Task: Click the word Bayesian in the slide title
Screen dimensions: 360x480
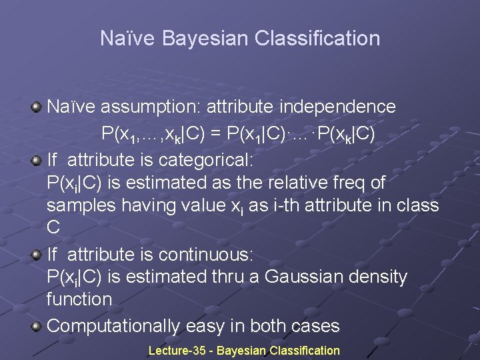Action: [201, 39]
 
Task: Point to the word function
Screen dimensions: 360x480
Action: [79, 299]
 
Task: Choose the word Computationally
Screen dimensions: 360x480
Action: [113, 326]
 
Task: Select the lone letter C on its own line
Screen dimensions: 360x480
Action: [54, 227]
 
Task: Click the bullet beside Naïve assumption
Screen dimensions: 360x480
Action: [38, 107]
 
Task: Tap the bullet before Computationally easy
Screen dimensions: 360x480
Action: [38, 326]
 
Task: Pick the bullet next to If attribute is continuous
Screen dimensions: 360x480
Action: [38, 254]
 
